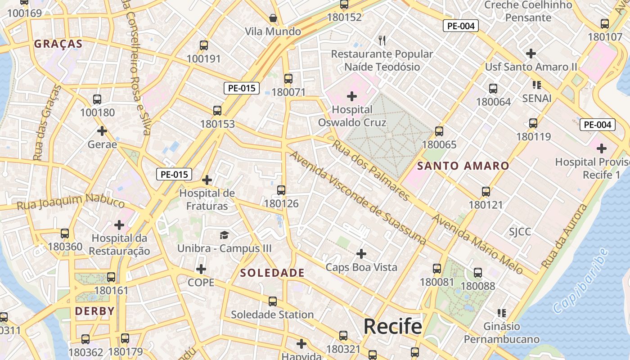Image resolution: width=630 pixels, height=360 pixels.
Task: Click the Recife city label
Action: click(x=392, y=326)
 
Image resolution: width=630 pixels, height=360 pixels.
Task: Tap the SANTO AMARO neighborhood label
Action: click(x=463, y=166)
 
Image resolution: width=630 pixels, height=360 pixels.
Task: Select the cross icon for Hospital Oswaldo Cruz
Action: click(x=352, y=96)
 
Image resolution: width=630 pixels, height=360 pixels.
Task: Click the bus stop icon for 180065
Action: click(x=439, y=131)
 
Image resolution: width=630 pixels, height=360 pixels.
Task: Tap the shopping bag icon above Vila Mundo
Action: click(x=273, y=18)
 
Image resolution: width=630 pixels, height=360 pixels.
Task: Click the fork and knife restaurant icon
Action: click(x=382, y=40)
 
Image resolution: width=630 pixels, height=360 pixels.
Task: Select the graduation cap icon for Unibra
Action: click(x=224, y=235)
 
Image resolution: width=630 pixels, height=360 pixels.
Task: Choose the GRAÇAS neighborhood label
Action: click(x=58, y=44)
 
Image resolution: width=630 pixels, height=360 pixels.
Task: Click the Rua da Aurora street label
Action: click(x=564, y=237)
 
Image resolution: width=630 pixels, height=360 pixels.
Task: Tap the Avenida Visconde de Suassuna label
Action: click(x=358, y=198)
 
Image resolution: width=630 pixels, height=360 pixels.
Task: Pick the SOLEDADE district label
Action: click(x=272, y=273)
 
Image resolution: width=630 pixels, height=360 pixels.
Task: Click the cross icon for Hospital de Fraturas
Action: click(x=207, y=180)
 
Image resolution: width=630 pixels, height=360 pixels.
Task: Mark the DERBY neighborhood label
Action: click(x=94, y=311)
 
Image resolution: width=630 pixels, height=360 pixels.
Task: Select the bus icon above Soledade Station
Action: click(x=273, y=301)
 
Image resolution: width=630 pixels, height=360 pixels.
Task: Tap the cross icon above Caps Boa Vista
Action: click(x=361, y=254)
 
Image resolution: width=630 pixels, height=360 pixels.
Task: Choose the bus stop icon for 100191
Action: click(x=204, y=45)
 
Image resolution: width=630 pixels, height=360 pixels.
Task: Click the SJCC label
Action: click(x=520, y=232)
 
